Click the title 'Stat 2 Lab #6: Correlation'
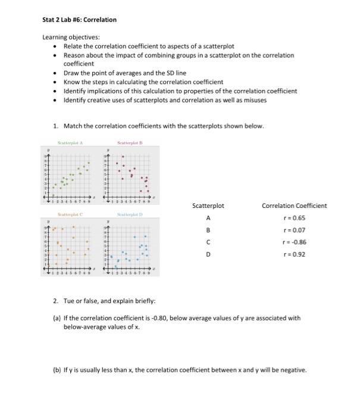79,20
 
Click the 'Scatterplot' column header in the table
208,206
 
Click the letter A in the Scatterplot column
208,218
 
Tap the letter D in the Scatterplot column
208,254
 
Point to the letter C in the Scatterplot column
208,242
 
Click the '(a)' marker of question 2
57,318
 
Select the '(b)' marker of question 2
57,370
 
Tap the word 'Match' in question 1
74,126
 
